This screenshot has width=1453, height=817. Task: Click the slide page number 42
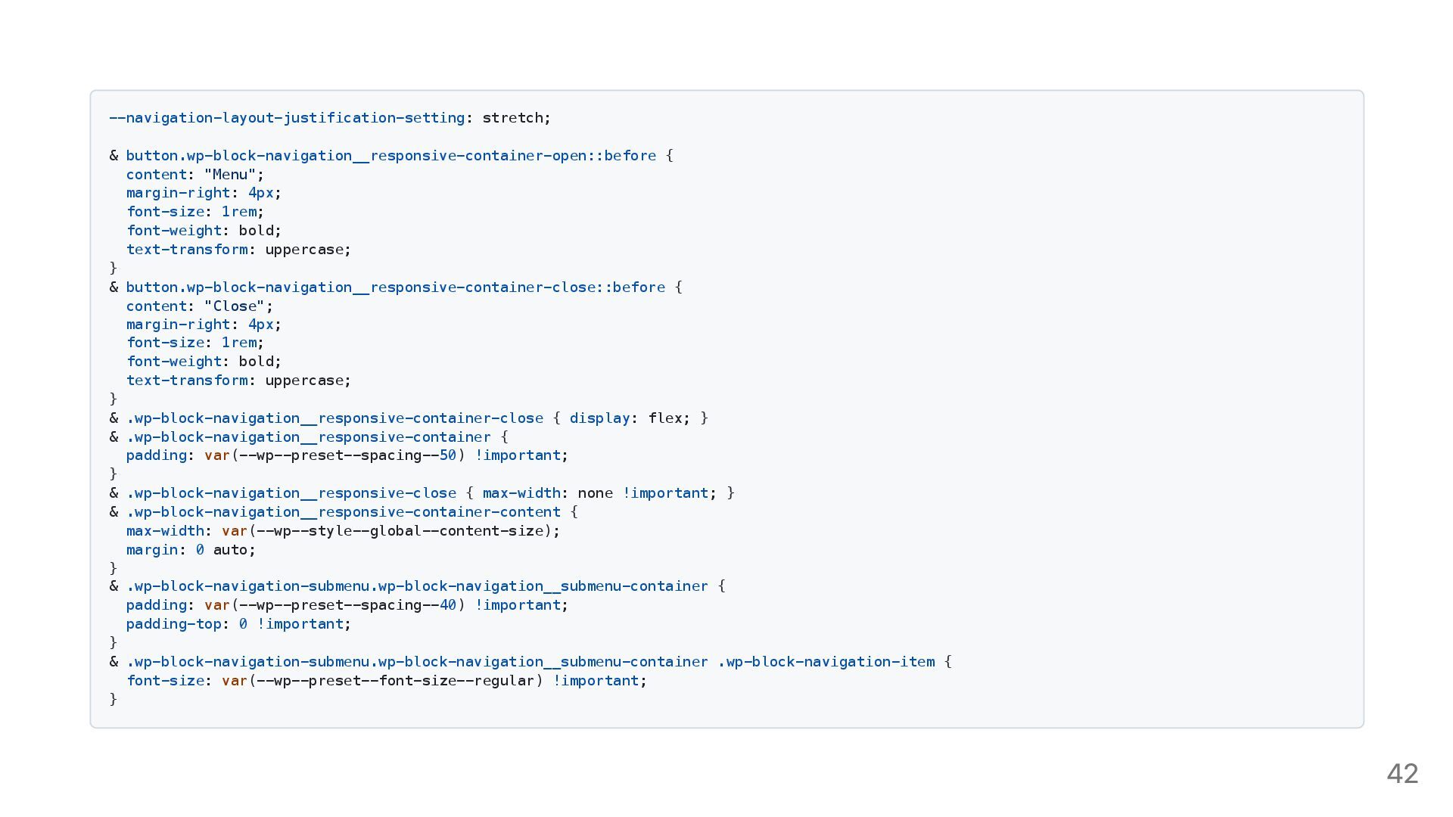[1402, 773]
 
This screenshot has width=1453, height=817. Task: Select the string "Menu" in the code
[230, 175]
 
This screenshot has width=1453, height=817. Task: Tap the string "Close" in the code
[235, 306]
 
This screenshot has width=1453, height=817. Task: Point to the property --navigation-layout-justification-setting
[287, 118]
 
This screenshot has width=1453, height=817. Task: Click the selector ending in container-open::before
[390, 156]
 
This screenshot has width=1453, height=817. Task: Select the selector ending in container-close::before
[395, 287]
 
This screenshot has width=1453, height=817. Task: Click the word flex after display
[665, 418]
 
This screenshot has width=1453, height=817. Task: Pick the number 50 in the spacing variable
[448, 455]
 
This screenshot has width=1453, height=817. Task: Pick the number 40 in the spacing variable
[448, 605]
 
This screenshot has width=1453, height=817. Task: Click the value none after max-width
[595, 493]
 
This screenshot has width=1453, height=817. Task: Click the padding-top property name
[173, 624]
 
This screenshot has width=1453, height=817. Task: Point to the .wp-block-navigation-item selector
[826, 662]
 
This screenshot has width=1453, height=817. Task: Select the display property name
[599, 418]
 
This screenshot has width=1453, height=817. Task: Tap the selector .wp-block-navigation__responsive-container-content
[343, 512]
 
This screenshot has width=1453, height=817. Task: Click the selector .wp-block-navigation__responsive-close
[291, 493]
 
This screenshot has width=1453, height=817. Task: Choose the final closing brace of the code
[114, 699]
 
